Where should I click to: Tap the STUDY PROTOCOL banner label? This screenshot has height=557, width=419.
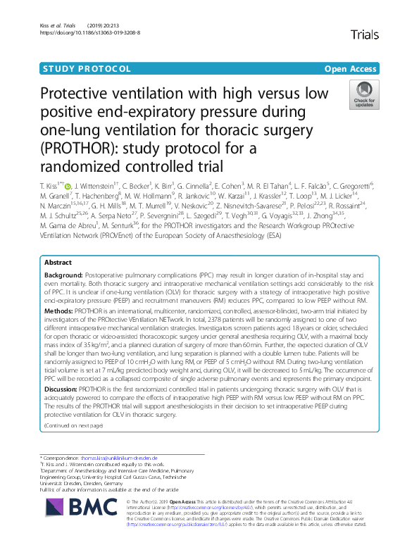(87, 69)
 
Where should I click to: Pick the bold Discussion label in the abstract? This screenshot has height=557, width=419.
(63, 388)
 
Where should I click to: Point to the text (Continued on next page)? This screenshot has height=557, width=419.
(74, 425)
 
